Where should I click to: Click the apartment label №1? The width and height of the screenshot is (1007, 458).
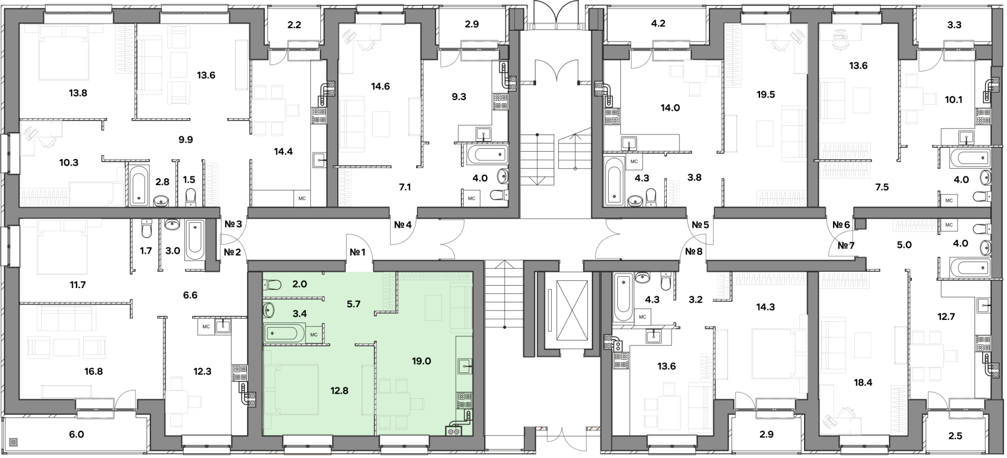(357, 253)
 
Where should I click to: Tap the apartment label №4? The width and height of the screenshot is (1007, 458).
(403, 224)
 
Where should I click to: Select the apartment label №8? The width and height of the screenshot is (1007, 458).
(694, 251)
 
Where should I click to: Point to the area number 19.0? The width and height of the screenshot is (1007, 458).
(421, 361)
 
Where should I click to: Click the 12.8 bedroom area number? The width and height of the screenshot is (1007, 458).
(339, 391)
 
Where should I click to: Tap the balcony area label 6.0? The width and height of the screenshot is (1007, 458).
(76, 434)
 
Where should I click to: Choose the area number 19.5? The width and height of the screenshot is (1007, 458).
(765, 95)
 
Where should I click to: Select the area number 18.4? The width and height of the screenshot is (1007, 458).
(862, 383)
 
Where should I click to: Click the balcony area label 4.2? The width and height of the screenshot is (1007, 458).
(658, 24)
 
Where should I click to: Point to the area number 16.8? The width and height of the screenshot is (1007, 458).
(93, 372)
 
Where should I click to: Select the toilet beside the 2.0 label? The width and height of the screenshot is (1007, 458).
(272, 284)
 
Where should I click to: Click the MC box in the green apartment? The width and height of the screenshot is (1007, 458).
(314, 334)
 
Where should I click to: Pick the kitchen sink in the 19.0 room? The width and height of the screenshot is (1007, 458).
(464, 366)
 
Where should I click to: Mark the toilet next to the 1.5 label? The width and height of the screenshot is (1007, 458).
(190, 197)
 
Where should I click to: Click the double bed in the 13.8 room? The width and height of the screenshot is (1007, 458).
(64, 52)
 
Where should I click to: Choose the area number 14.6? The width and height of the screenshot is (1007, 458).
(380, 86)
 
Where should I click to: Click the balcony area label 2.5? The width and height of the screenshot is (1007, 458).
(955, 436)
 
